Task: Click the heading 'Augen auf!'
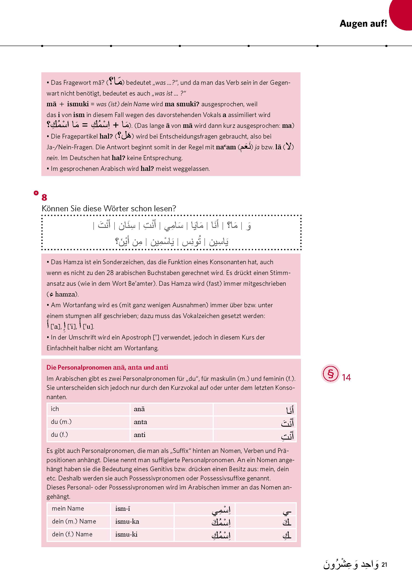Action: tap(363, 24)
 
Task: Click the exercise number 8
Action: tap(44, 198)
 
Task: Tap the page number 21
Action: tap(384, 565)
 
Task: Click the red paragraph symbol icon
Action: tap(330, 374)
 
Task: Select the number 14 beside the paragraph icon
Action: tap(346, 378)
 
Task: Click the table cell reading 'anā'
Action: tap(139, 409)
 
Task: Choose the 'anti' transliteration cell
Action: tap(139, 435)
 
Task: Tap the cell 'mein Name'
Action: tap(68, 508)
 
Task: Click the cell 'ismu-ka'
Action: tap(127, 521)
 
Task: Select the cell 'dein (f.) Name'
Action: tap(72, 534)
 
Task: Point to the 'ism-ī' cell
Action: tap(122, 508)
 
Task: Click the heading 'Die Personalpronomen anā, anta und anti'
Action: tap(107, 367)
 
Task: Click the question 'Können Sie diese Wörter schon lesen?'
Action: tap(108, 208)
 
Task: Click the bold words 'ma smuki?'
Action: tap(182, 104)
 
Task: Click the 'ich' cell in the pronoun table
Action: tap(55, 409)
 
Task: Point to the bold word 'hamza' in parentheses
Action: tap(65, 294)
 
